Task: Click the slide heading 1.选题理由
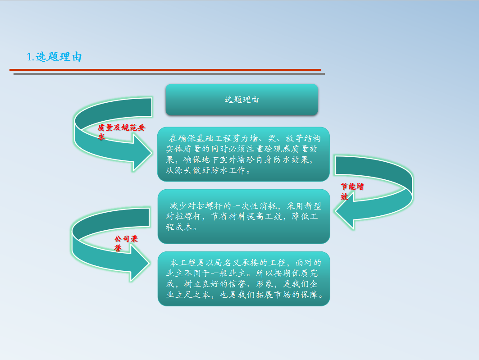pos(54,57)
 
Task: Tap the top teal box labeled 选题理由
pos(242,100)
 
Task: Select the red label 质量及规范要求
pos(121,132)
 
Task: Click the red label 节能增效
pos(352,191)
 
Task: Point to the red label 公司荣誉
pos(126,243)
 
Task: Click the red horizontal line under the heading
pos(165,70)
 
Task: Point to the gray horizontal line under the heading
pos(169,74)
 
